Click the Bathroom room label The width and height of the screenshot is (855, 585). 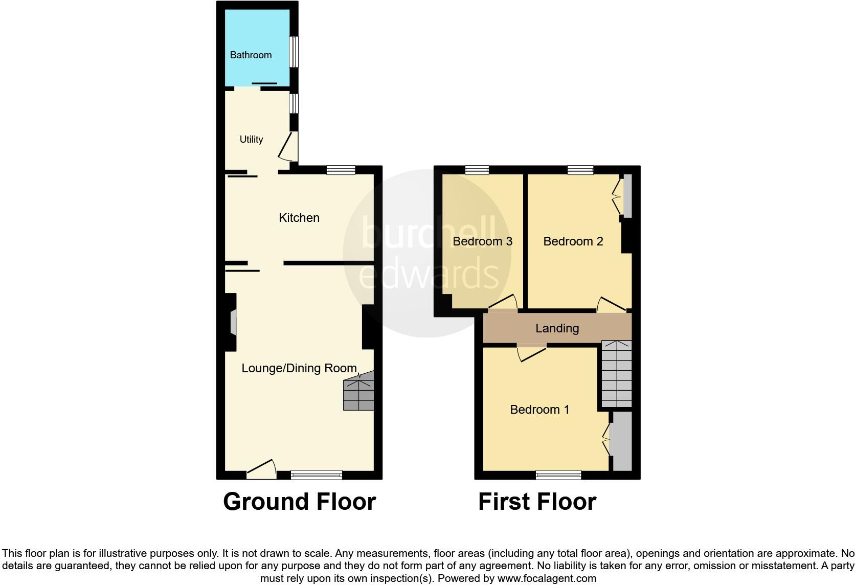(x=251, y=55)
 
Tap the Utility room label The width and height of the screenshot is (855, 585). (x=251, y=139)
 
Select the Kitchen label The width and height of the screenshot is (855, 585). (x=299, y=218)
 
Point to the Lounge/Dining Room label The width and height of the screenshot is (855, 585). (x=299, y=368)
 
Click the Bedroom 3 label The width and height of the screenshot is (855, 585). (x=482, y=241)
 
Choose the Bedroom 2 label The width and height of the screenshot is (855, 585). (x=573, y=241)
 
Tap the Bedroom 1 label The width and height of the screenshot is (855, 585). (x=539, y=410)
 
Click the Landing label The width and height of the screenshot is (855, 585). (x=557, y=328)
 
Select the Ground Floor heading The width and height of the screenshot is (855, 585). (x=299, y=502)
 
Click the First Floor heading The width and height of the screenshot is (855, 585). (x=537, y=502)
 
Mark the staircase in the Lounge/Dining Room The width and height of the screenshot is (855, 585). (x=358, y=393)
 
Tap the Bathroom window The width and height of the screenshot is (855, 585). (x=294, y=51)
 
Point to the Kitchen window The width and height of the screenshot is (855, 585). (x=341, y=170)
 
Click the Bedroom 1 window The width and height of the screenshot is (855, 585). (x=558, y=475)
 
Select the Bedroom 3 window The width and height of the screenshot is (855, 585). (x=477, y=170)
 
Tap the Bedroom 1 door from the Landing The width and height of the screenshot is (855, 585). (x=532, y=353)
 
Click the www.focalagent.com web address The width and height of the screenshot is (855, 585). (x=547, y=579)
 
